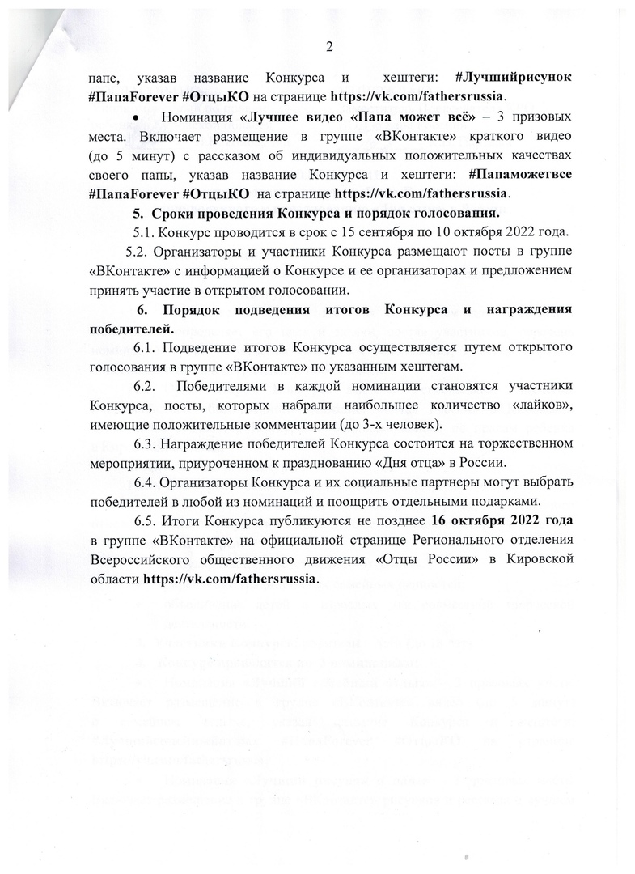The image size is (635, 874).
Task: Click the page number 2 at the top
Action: click(330, 47)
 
